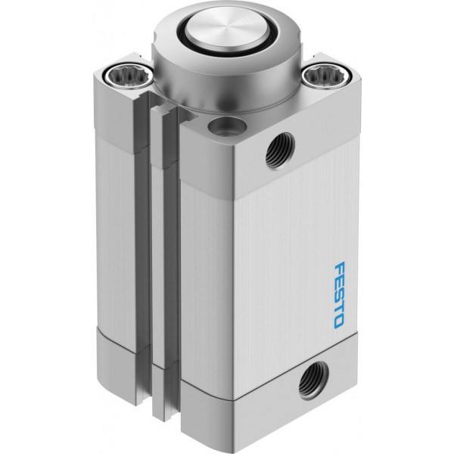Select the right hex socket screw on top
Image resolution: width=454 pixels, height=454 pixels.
(327, 76)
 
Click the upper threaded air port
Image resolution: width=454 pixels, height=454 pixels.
(280, 151)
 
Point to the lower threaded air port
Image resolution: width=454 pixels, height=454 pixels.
(314, 380)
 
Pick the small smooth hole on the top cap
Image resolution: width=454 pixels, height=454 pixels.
(227, 126)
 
